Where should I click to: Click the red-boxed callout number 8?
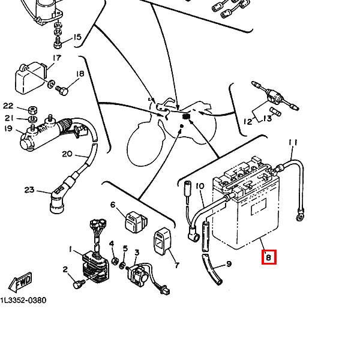click(269, 257)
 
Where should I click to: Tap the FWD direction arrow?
click(20, 282)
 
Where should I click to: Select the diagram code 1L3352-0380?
click(23, 301)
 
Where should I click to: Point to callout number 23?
click(29, 190)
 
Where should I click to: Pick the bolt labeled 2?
click(78, 284)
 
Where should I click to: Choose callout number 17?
click(57, 58)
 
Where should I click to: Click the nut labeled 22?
click(33, 110)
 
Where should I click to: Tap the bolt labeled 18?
click(62, 90)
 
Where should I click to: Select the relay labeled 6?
click(136, 222)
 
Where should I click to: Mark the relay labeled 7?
click(162, 241)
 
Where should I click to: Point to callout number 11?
click(293, 143)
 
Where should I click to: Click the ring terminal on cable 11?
click(299, 217)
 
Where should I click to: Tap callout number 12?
click(248, 121)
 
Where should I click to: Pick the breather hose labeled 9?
click(212, 269)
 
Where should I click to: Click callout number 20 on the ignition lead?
click(67, 154)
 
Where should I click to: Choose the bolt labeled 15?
click(58, 43)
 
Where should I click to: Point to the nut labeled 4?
click(115, 261)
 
